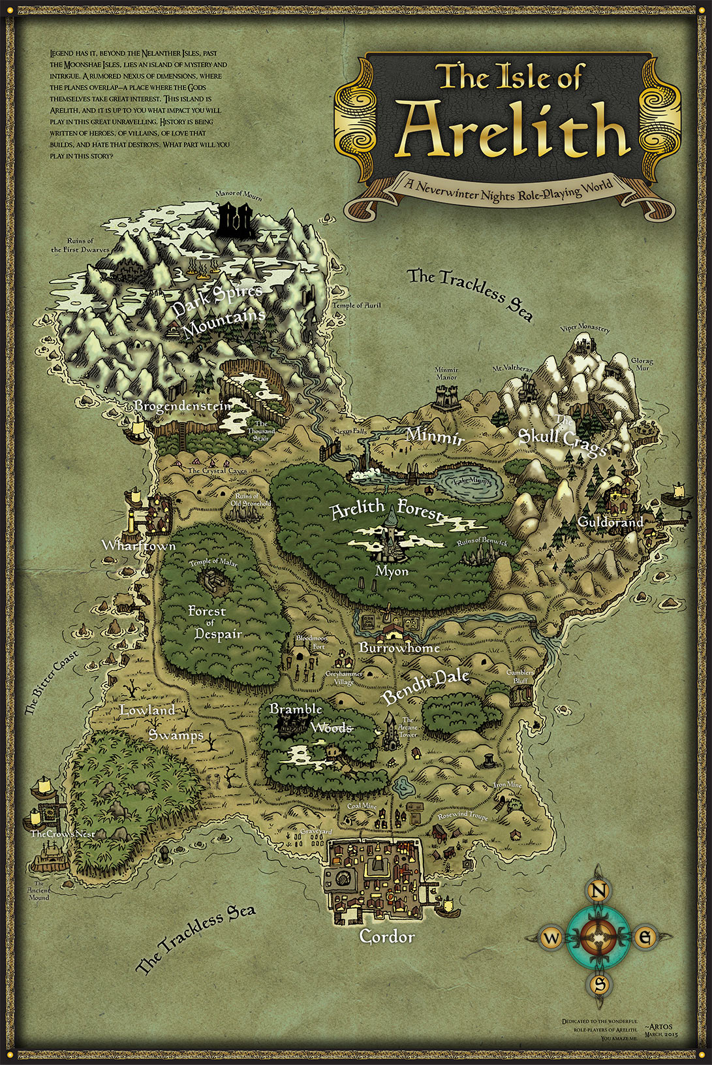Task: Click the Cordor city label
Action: tap(387, 937)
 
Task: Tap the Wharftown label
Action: tap(138, 545)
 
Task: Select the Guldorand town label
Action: tap(610, 522)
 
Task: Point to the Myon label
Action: tap(392, 571)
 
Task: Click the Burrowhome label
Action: tap(399, 648)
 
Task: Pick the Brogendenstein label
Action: tap(183, 406)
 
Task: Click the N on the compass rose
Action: tap(600, 891)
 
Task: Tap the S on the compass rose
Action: tap(600, 984)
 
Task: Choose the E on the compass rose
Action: tap(645, 938)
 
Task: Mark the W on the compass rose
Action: tap(552, 939)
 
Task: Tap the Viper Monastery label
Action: tap(585, 328)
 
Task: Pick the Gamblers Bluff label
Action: tap(520, 676)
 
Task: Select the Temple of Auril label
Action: tap(356, 305)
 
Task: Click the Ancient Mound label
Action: tap(39, 894)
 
